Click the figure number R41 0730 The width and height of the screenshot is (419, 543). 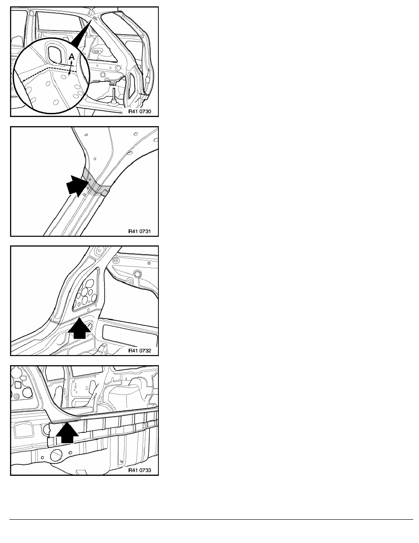click(140, 112)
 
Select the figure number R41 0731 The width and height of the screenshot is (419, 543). click(140, 231)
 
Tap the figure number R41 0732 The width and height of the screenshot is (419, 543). click(140, 351)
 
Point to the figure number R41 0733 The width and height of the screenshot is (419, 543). click(140, 470)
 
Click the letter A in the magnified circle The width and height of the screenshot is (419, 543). click(72, 57)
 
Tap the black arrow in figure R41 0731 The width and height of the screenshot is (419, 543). click(78, 186)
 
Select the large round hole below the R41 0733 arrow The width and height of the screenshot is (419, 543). click(56, 455)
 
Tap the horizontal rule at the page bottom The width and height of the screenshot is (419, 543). click(211, 519)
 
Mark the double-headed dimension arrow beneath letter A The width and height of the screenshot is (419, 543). click(71, 68)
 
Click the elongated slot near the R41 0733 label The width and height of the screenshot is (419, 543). click(121, 462)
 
